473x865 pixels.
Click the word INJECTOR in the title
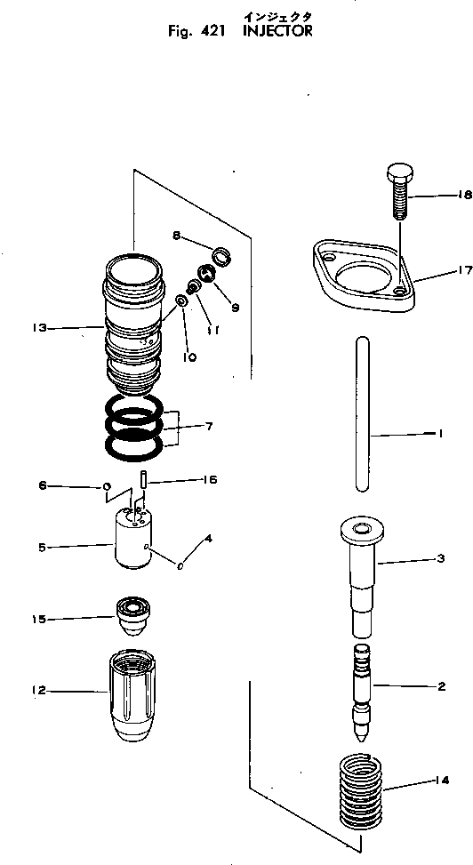coord(278,31)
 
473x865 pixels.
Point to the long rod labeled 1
coord(363,411)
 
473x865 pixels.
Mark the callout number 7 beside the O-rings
coord(209,428)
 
